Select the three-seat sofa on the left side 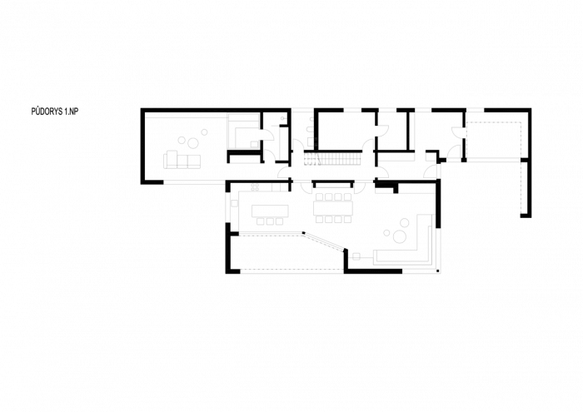(x=182, y=160)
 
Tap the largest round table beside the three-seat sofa (x=193, y=143)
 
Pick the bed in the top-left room (x=245, y=132)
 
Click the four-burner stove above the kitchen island (x=255, y=187)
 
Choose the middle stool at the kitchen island (x=270, y=221)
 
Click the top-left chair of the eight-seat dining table (x=319, y=197)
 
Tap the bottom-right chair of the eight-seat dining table (x=347, y=220)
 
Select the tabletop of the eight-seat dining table (x=333, y=208)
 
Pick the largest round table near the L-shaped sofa (x=400, y=236)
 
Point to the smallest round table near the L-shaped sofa (x=387, y=233)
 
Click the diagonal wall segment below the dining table (x=324, y=241)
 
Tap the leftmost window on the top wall (x=302, y=109)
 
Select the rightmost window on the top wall (x=476, y=109)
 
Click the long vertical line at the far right (x=531, y=162)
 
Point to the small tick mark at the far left (x=32, y=111)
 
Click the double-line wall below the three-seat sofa (x=194, y=182)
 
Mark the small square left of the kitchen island (x=235, y=203)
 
